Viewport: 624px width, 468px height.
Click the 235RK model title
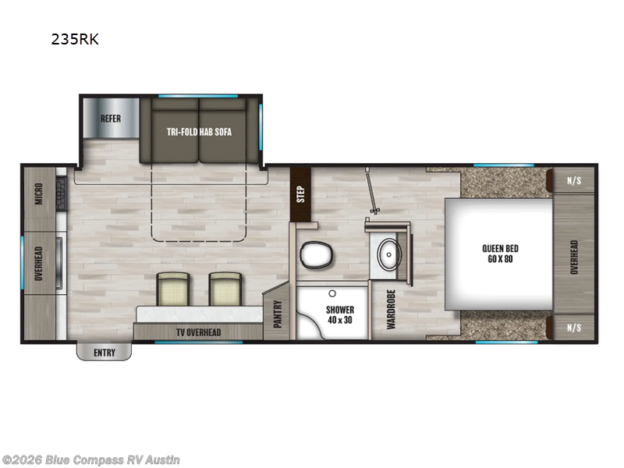pyautogui.click(x=75, y=40)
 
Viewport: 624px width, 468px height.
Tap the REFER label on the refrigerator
pyautogui.click(x=109, y=119)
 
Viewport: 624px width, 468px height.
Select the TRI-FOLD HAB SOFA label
pyautogui.click(x=199, y=132)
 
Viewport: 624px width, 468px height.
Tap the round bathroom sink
pyautogui.click(x=388, y=253)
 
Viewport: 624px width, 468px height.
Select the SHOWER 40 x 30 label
pyautogui.click(x=340, y=315)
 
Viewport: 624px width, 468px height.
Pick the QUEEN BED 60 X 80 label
pyautogui.click(x=500, y=253)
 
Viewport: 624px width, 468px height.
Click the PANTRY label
pyautogui.click(x=278, y=314)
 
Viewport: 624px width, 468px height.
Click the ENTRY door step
pyautogui.click(x=104, y=353)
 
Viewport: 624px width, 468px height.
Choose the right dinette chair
pyautogui.click(x=224, y=289)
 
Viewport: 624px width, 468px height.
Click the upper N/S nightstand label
pyautogui.click(x=574, y=181)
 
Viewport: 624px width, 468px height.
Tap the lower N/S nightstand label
pyautogui.click(x=574, y=327)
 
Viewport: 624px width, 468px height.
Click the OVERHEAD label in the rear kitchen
pyautogui.click(x=38, y=264)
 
